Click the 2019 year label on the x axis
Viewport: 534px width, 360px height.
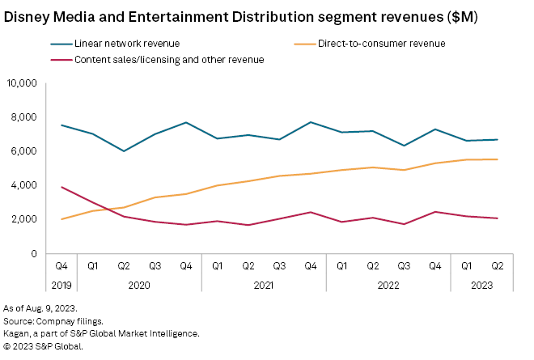tap(61, 285)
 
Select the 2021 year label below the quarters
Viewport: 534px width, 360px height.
tap(264, 285)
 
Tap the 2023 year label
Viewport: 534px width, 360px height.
tap(482, 285)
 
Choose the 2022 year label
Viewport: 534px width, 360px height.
tap(388, 285)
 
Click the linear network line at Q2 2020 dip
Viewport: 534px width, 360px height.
tap(124, 151)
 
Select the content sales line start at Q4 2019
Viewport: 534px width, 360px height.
tap(61, 187)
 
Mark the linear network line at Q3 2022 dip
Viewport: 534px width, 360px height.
tap(405, 146)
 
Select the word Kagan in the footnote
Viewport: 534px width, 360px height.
tap(17, 333)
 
